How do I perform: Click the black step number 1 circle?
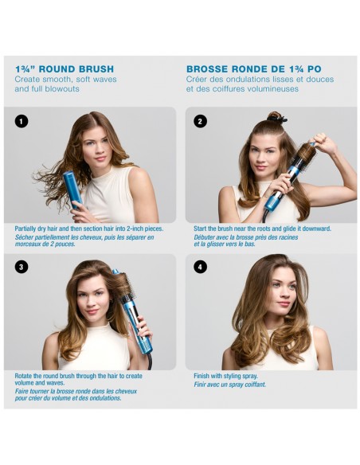(22, 121)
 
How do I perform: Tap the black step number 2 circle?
(200, 121)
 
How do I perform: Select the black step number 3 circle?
(22, 267)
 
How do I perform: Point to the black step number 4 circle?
(200, 267)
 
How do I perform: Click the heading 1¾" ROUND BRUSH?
(65, 68)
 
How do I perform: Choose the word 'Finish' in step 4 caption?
(203, 375)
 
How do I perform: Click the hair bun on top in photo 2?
(276, 117)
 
